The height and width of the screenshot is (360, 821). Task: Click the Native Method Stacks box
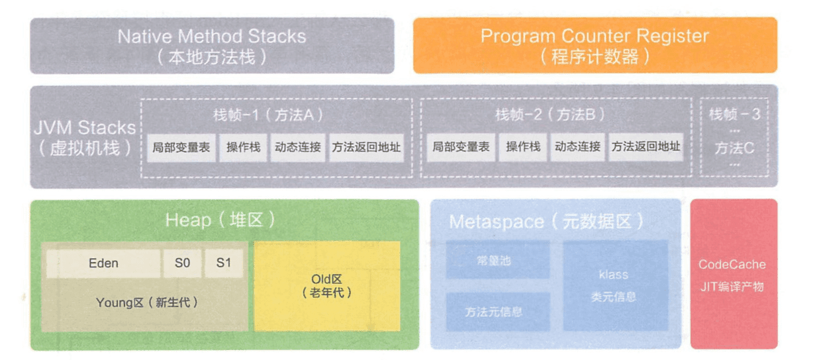coord(212,45)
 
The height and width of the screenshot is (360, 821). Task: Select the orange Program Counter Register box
coord(595,45)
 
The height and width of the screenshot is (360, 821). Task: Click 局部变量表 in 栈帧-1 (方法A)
coord(181,147)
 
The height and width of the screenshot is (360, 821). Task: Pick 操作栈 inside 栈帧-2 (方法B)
coord(523,147)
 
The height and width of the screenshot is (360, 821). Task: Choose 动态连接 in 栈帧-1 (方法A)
coord(298,147)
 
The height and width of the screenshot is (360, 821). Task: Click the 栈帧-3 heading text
coord(734,114)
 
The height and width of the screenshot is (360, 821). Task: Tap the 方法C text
coord(734,148)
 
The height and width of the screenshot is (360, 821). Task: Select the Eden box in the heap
coord(103,263)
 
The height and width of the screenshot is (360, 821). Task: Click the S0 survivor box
coord(182,263)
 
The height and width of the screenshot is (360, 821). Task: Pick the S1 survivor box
coord(224,263)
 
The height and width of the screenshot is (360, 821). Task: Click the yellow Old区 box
coord(327,286)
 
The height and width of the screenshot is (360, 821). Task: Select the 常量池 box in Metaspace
coord(497,260)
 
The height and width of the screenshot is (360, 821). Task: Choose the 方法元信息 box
coord(497,311)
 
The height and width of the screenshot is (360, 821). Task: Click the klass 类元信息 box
coord(614,285)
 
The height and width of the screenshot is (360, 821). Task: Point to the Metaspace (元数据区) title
coord(546,222)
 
